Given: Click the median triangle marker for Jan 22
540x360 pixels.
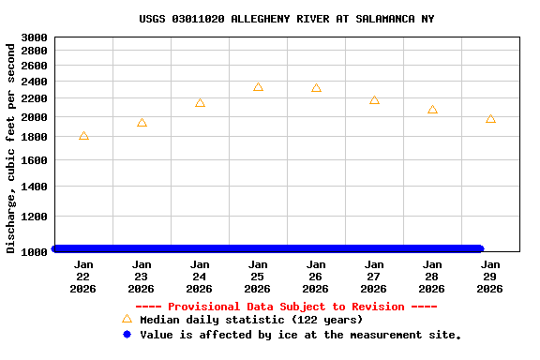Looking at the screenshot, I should (83, 136).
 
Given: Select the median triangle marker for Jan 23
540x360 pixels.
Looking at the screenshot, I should (142, 123).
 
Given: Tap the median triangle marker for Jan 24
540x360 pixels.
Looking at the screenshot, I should (200, 103).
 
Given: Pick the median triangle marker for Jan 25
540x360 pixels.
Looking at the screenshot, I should (258, 87).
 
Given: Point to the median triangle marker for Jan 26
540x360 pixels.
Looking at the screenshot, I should (316, 88).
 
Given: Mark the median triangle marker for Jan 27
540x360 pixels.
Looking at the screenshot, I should (374, 99).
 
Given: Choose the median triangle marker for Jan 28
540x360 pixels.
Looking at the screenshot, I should (432, 110).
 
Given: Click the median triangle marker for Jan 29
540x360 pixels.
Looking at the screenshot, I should (490, 119).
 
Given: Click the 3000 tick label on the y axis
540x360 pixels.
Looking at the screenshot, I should (34, 37).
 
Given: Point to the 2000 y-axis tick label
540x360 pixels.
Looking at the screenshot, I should (34, 117).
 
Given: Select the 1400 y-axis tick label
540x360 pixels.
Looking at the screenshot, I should (34, 187).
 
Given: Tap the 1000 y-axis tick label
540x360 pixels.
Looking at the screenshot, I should (34, 252).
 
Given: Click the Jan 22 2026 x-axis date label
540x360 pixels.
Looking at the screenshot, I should (83, 277).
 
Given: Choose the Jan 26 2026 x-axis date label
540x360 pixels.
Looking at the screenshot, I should (316, 277).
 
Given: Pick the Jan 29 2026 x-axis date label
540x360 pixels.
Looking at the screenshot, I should (490, 277).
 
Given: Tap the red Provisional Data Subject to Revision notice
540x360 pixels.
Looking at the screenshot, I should (286, 307).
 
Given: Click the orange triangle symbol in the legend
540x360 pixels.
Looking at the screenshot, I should (127, 319).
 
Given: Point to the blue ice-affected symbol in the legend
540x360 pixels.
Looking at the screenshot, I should (127, 334).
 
